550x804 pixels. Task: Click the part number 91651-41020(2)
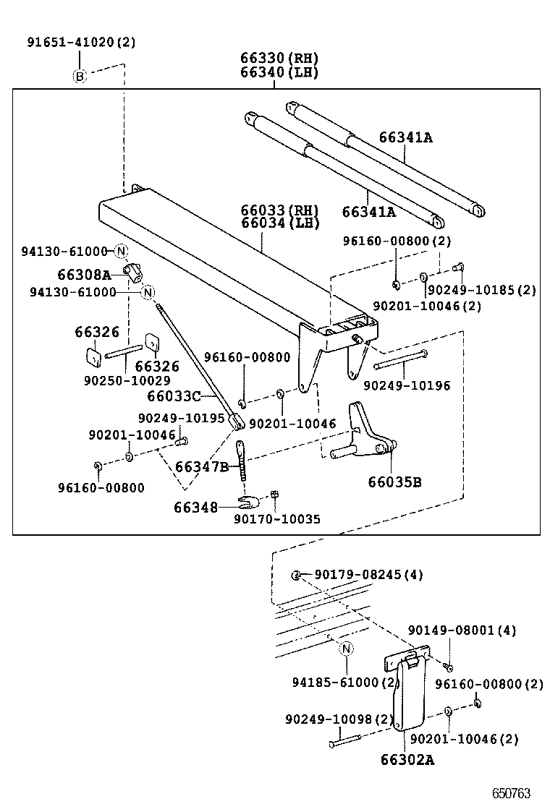pyautogui.click(x=81, y=43)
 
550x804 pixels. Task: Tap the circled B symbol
pyautogui.click(x=80, y=76)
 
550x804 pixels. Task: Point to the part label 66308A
pyautogui.click(x=85, y=275)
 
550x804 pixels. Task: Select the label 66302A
pyautogui.click(x=407, y=760)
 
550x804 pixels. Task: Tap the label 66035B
pyautogui.click(x=394, y=482)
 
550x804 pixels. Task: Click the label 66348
pyautogui.click(x=195, y=508)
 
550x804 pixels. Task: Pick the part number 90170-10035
pyautogui.click(x=277, y=519)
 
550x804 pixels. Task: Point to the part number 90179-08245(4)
pyautogui.click(x=368, y=575)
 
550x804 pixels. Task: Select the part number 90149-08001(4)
pyautogui.click(x=462, y=630)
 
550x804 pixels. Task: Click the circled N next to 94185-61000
pyautogui.click(x=346, y=649)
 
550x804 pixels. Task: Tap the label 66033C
pyautogui.click(x=174, y=396)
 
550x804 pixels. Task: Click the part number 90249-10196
pyautogui.click(x=406, y=386)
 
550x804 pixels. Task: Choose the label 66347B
pyautogui.click(x=202, y=467)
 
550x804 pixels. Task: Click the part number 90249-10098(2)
pyautogui.click(x=339, y=719)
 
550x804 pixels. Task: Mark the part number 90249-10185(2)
pyautogui.click(x=481, y=290)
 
